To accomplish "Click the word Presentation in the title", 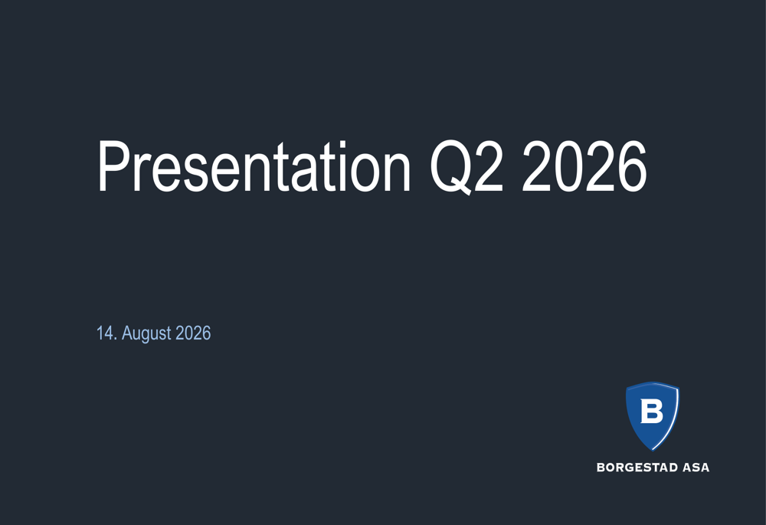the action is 254,166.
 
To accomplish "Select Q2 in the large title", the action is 466,167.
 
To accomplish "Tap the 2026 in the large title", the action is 584,166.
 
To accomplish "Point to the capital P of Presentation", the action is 115,166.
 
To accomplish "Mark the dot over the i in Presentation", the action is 343,144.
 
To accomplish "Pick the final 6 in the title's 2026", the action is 632,166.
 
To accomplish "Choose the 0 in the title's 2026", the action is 569,166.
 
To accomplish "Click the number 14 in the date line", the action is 104,333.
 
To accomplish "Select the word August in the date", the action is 146,334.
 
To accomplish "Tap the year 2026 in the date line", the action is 193,333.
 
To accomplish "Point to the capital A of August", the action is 127,333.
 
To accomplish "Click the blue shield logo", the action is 653,415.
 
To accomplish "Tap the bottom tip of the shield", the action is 652,450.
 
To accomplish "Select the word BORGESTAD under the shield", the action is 637,468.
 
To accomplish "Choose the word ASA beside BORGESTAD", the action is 696,468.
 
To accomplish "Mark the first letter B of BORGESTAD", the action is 601,468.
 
